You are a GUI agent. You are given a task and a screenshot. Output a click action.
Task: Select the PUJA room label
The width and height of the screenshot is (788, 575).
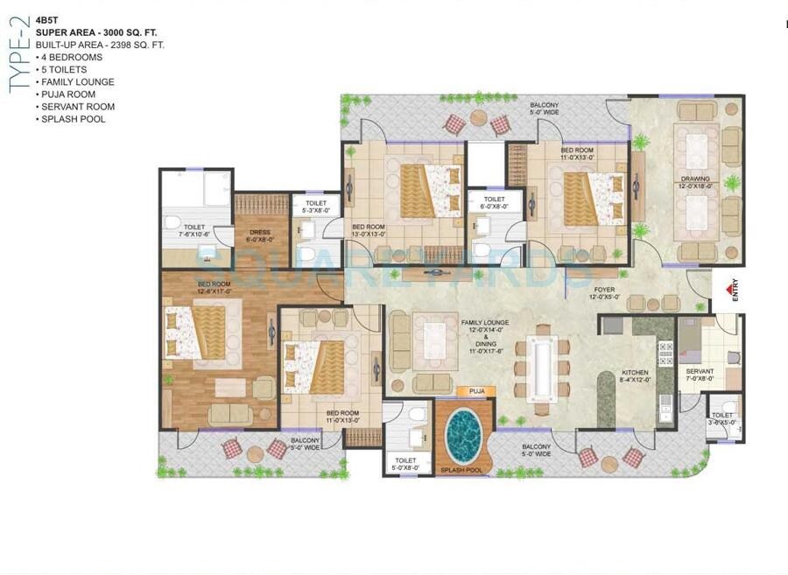click(x=476, y=391)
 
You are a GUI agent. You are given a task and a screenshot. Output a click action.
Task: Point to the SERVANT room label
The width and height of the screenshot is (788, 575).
click(x=700, y=372)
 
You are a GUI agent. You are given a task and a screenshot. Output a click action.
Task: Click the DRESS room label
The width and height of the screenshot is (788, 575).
click(x=260, y=234)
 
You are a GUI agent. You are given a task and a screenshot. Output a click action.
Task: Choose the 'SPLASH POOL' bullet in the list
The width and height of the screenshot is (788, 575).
click(x=73, y=118)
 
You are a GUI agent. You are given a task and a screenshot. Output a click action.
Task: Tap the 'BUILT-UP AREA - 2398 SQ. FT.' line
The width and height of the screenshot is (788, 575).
click(x=100, y=44)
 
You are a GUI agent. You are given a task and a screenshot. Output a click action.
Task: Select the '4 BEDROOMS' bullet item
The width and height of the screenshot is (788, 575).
click(x=72, y=57)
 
